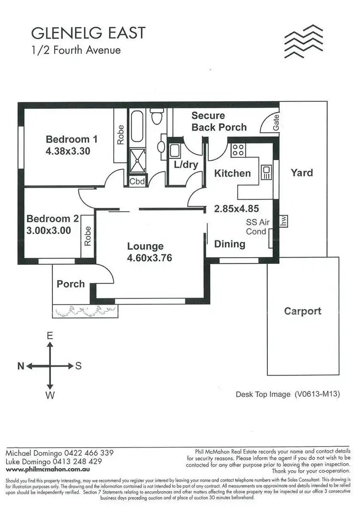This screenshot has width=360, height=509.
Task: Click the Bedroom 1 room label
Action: point(72,140)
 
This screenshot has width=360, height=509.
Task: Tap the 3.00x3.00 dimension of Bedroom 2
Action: point(49,230)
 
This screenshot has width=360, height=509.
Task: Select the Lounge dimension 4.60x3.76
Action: point(149,258)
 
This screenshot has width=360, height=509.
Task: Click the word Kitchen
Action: point(232,173)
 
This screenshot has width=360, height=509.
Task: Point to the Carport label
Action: point(302,311)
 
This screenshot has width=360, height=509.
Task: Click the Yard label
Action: point(301,173)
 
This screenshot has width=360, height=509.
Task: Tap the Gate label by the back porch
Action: point(276,126)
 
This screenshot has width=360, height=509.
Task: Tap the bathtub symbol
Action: point(137,126)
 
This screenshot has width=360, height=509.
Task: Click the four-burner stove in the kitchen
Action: point(238,150)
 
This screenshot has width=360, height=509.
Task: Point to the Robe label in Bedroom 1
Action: point(120,135)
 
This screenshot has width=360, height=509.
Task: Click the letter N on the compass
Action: point(21,366)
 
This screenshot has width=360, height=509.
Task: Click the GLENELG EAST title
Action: point(88,34)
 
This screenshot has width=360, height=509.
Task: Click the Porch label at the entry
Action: point(71,284)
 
